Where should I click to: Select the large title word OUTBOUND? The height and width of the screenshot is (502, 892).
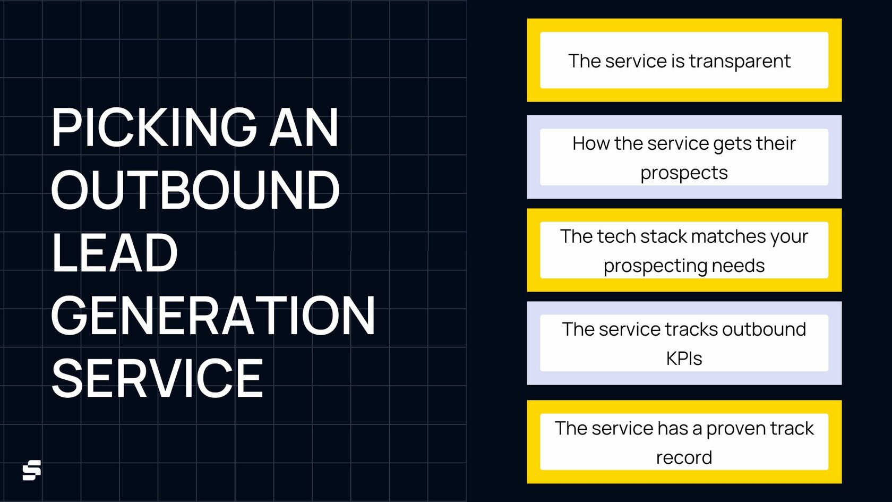point(195,190)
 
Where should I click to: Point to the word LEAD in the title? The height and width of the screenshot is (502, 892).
point(114,253)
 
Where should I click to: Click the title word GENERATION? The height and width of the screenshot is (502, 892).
point(213,316)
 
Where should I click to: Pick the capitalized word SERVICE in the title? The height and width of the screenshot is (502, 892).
point(157,378)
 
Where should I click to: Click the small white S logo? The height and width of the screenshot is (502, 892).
point(32,470)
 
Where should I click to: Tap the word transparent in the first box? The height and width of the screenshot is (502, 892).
point(740,62)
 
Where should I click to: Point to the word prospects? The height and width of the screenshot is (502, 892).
point(684,173)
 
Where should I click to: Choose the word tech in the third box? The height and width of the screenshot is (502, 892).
point(616,236)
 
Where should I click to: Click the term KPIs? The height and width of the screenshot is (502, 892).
point(684,359)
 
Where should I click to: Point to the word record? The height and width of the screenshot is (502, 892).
point(684,457)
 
